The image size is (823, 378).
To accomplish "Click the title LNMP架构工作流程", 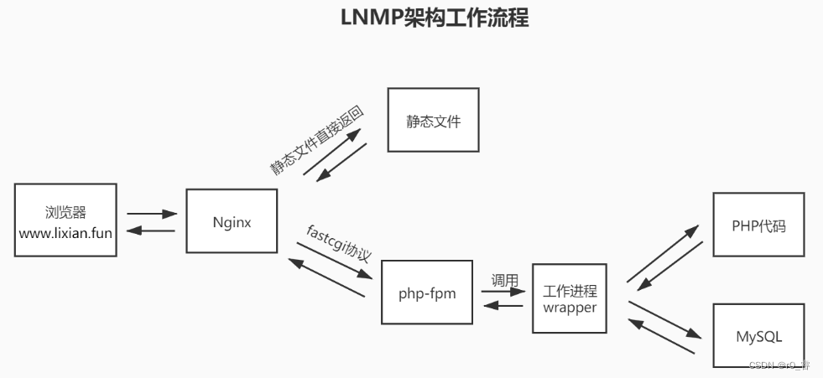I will [434, 18].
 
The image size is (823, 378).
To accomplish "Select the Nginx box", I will [232, 222].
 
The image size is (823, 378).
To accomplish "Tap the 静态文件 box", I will [433, 120].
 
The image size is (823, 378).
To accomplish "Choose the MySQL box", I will [758, 336].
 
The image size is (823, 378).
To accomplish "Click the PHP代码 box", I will [758, 225].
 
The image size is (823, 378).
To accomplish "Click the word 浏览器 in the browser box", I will [65, 211].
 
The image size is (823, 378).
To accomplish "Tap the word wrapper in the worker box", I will [570, 308].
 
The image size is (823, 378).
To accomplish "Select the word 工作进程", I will [570, 291].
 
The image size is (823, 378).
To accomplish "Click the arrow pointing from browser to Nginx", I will [151, 214].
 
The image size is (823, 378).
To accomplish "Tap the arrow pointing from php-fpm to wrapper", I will [503, 293].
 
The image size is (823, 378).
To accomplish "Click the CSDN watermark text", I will [779, 365].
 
